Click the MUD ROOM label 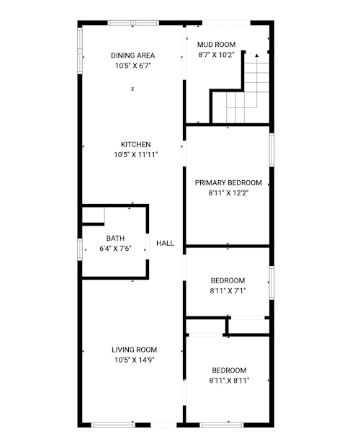tap(216, 45)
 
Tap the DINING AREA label tap(132, 55)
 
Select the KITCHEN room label tap(136, 144)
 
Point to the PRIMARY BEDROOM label tap(228, 182)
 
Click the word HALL tap(165, 243)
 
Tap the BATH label tap(115, 238)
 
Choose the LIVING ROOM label tap(135, 350)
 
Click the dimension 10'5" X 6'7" tap(133, 66)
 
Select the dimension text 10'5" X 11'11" tap(136, 154)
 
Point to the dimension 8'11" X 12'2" tap(228, 193)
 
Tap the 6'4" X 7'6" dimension tap(115, 249)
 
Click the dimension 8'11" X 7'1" tap(228, 290)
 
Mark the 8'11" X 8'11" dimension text tap(229, 381)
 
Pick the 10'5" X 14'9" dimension tap(135, 360)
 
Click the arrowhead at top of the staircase tap(257, 55)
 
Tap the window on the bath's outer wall tap(80, 249)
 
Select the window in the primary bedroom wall tap(271, 150)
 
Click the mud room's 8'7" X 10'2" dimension tap(216, 55)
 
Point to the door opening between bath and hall tap(148, 247)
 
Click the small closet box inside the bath tap(93, 215)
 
